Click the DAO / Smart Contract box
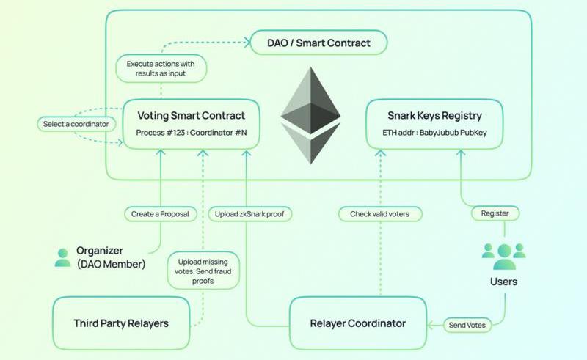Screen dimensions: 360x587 tap(318, 43)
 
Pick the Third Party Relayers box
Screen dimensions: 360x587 tap(121, 323)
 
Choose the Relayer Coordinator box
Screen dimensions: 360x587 tap(357, 323)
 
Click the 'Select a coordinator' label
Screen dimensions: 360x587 tap(76, 124)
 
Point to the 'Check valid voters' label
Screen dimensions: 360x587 tap(380, 214)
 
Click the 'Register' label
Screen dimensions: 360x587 tap(495, 213)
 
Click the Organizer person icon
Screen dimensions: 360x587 tap(62, 257)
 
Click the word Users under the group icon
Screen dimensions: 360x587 tap(503, 282)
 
